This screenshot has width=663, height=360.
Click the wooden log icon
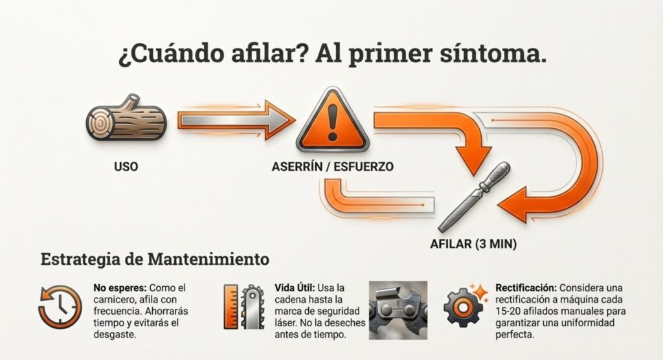click(x=126, y=118)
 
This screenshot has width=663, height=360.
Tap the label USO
click(x=126, y=166)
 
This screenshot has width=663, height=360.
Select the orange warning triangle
click(x=332, y=120)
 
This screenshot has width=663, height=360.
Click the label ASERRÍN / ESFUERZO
click(x=332, y=166)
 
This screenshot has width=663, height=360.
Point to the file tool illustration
click(x=474, y=197)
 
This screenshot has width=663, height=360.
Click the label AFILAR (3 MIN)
click(x=473, y=244)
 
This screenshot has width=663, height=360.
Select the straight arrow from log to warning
click(x=236, y=120)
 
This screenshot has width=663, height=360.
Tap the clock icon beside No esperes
click(x=60, y=307)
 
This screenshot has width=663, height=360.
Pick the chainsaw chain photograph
click(x=398, y=310)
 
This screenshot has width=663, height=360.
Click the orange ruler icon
click(x=231, y=307)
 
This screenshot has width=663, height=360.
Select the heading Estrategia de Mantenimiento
click(x=155, y=259)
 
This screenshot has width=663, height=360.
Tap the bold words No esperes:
click(x=120, y=287)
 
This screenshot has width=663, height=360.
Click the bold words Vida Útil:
click(x=295, y=287)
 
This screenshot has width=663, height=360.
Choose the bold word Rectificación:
click(x=526, y=287)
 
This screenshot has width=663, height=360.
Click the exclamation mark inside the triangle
click(x=332, y=122)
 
